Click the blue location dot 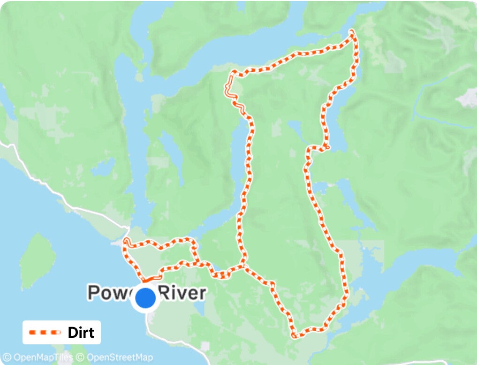click(x=145, y=298)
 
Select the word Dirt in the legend click(x=81, y=333)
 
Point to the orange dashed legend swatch click(x=45, y=333)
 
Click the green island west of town click(x=38, y=260)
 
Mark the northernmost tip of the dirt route click(x=352, y=31)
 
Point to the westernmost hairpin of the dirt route click(x=125, y=241)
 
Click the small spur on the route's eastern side click(x=327, y=148)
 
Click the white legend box click(x=61, y=333)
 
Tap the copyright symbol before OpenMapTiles click(x=7, y=357)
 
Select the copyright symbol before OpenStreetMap click(x=80, y=357)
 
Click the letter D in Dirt click(x=72, y=333)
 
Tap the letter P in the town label click(x=94, y=293)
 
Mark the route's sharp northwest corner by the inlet click(x=232, y=73)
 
